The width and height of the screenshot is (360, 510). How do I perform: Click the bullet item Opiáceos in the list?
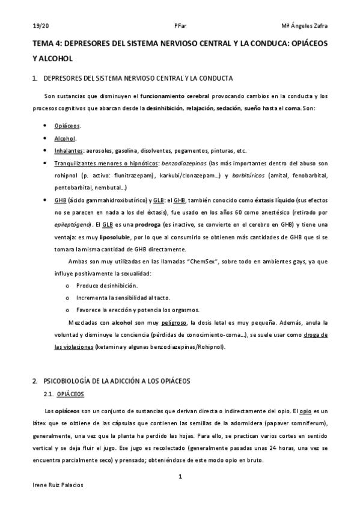pyautogui.click(x=67, y=126)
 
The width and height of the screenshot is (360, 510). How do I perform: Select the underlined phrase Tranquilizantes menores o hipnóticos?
pyautogui.click(x=104, y=163)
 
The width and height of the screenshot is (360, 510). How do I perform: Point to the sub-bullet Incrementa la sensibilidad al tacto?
pyautogui.click(x=123, y=297)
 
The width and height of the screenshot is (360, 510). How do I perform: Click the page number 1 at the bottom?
pyautogui.click(x=180, y=477)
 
